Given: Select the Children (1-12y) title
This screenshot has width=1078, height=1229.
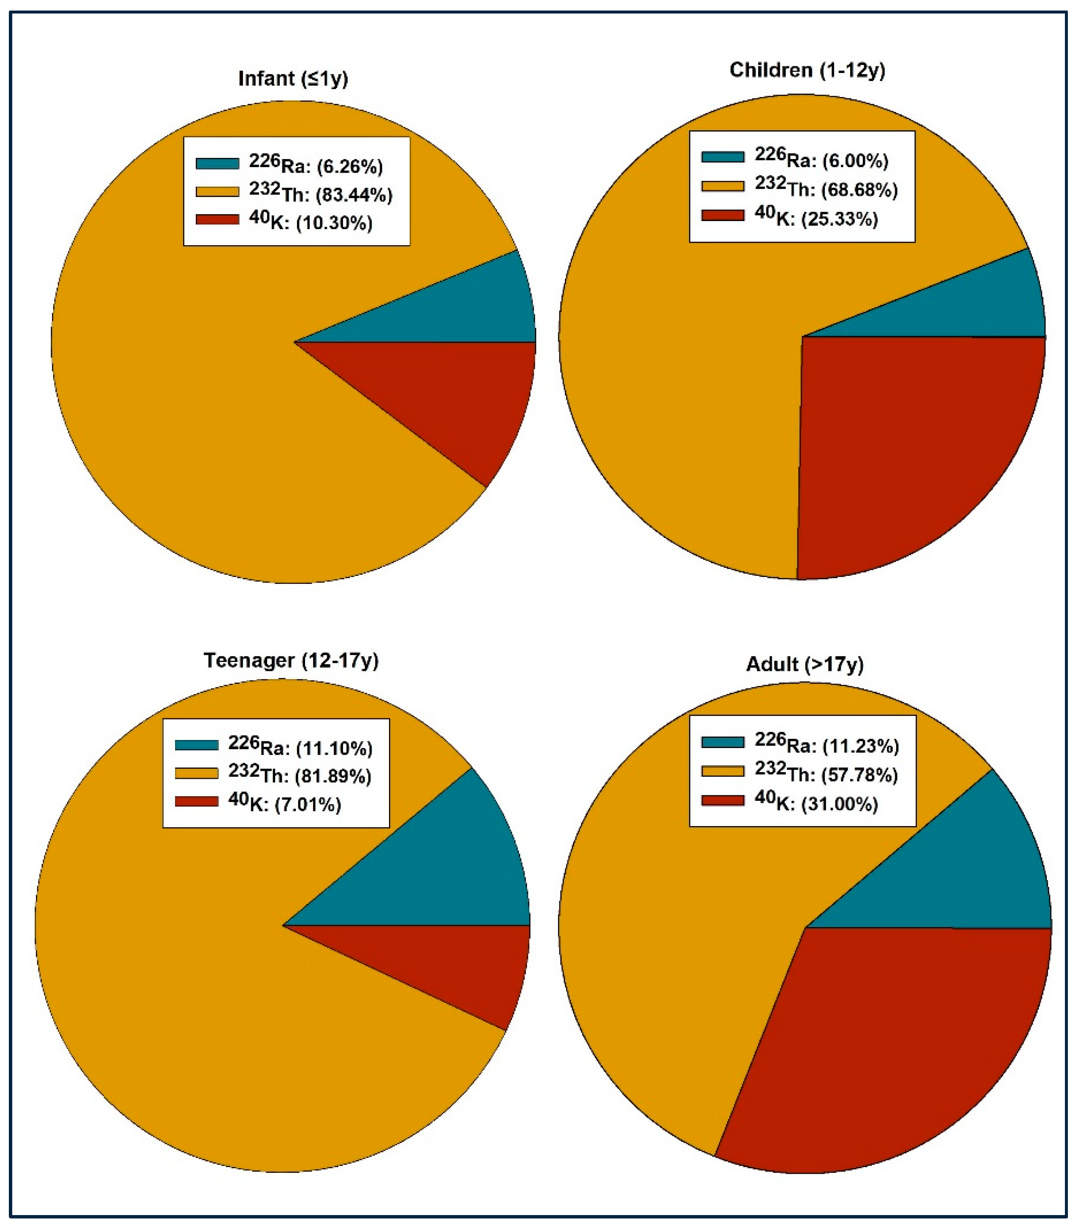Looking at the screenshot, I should [x=807, y=70].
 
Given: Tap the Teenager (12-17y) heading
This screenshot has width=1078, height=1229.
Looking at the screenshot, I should [x=291, y=660].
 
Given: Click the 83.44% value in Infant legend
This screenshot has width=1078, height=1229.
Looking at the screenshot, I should [x=355, y=195].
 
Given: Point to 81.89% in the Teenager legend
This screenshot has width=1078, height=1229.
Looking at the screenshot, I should [x=334, y=777].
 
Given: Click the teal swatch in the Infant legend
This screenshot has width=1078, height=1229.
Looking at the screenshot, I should [x=217, y=164].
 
